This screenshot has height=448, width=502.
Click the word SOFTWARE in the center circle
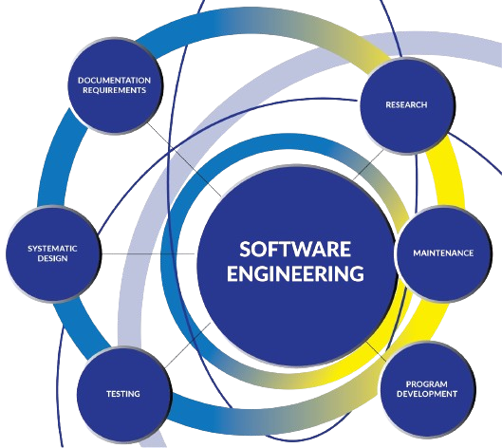295,250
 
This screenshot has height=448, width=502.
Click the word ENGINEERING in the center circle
295,273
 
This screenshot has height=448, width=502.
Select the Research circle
407,105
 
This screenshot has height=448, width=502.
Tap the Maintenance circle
443,253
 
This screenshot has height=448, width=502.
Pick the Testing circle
123,394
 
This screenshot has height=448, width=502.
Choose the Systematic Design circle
53,253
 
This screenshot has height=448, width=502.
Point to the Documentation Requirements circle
115,85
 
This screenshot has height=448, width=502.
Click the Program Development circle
427,389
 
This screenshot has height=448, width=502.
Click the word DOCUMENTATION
114,80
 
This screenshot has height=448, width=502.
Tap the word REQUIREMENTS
114,90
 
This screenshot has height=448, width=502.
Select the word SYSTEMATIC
52,249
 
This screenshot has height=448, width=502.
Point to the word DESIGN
52,258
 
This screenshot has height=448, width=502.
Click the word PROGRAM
427,384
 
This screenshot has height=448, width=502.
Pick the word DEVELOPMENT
427,394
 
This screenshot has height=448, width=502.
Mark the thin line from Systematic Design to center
148,253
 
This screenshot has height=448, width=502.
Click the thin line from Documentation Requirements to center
184,159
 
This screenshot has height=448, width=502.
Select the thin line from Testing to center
188,345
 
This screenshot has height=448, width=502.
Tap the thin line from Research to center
368,164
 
